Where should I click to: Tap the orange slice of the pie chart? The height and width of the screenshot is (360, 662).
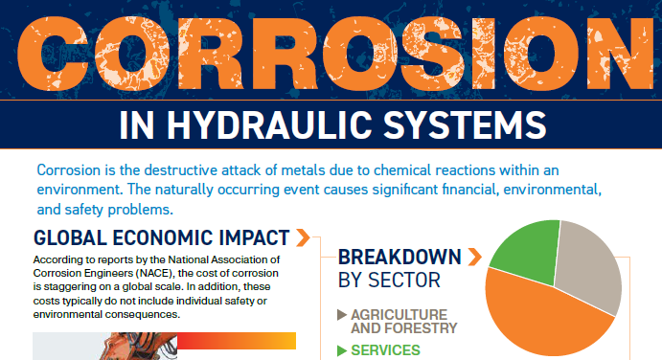coord(544,317)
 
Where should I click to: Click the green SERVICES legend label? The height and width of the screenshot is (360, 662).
coord(385,350)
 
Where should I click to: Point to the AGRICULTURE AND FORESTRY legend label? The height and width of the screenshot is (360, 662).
coord(403,321)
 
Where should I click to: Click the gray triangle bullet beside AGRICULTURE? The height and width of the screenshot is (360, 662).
coord(342,315)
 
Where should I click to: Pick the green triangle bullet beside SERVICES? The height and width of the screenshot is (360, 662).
coord(342,350)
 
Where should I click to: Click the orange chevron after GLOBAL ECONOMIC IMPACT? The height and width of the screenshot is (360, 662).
coord(303,237)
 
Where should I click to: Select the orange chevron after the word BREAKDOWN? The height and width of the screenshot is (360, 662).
coord(475,257)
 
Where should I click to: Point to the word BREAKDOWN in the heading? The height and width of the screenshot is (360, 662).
coord(399,257)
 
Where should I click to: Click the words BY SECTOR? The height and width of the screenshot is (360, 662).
coord(389,280)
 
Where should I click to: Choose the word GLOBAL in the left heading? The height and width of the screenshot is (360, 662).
coord(70,237)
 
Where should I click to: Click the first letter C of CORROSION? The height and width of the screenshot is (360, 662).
coord(53,54)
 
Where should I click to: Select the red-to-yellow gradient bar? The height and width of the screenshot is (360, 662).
coord(237,341)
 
